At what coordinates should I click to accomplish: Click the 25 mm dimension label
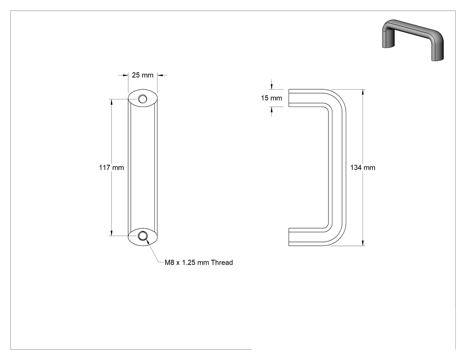[142, 75]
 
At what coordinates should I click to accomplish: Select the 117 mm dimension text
[111, 168]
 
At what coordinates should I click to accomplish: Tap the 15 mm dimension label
[271, 98]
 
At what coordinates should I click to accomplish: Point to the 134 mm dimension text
[363, 168]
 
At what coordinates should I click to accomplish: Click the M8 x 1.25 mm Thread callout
[199, 262]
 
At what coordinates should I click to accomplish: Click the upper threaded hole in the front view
[142, 99]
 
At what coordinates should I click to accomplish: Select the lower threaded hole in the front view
[142, 236]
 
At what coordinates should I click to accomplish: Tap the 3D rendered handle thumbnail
[413, 40]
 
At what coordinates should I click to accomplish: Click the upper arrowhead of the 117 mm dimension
[112, 102]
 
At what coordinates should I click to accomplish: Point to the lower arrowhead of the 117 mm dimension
[112, 233]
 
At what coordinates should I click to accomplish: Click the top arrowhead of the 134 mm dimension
[363, 92]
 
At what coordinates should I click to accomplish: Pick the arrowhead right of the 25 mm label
[160, 75]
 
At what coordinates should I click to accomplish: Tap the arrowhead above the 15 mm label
[271, 86]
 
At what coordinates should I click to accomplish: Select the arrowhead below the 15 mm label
[271, 109]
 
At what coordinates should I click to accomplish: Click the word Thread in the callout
[222, 262]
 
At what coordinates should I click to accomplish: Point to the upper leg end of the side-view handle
[289, 98]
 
